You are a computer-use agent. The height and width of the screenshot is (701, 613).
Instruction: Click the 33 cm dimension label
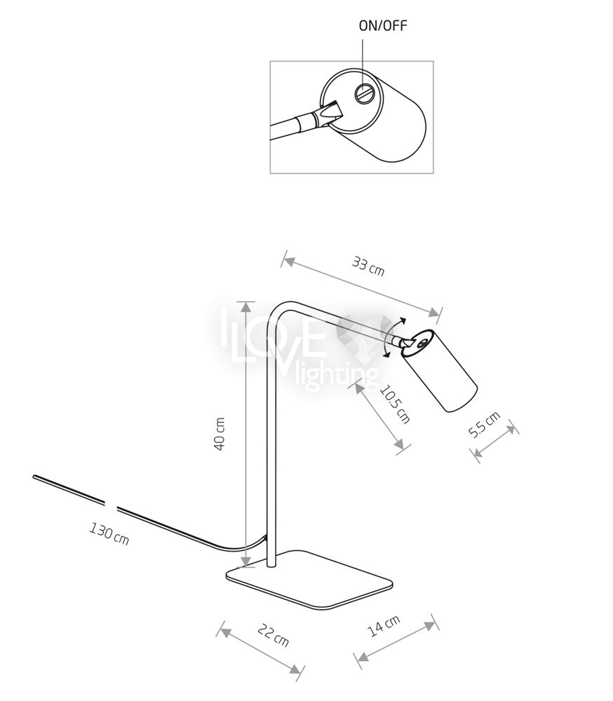[x=368, y=266]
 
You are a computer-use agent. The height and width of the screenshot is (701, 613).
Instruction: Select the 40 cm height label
[x=220, y=435]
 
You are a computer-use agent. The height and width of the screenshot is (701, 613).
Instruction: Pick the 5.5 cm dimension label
[x=485, y=424]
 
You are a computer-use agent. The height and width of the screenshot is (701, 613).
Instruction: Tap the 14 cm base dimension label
[x=384, y=626]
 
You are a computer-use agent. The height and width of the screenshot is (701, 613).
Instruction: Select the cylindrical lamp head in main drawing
[x=440, y=372]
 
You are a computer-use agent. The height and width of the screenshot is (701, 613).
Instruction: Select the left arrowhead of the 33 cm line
[x=285, y=261]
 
